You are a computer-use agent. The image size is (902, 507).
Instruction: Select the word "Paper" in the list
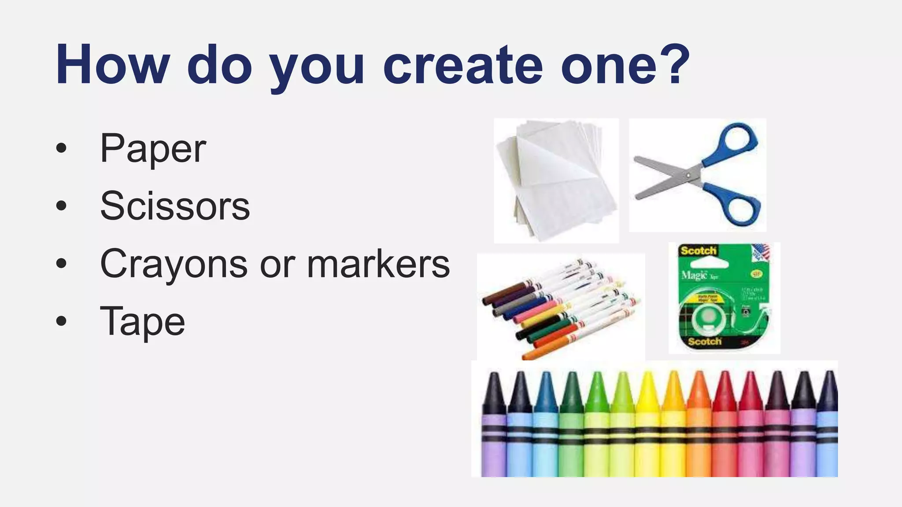point(153,149)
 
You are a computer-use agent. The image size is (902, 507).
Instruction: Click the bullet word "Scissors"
point(175,206)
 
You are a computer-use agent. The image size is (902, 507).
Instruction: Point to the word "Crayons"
point(174,264)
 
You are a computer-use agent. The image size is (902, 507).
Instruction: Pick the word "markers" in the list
point(378,264)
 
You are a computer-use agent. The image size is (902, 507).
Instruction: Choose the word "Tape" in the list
point(142,322)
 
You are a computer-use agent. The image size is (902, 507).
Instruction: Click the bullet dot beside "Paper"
point(61,148)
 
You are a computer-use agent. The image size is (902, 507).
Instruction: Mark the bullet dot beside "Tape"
point(61,321)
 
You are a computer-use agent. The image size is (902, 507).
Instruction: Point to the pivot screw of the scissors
point(688,175)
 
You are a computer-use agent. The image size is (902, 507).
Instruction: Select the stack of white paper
point(556,180)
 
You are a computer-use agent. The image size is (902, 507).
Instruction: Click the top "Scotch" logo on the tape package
point(698,251)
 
